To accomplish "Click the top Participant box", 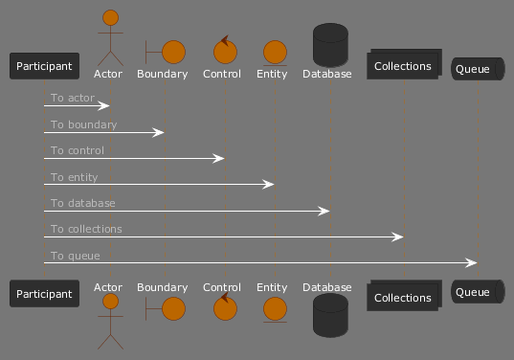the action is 44,66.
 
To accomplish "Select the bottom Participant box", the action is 44,293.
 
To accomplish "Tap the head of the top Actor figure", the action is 110,17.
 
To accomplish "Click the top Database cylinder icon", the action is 330,45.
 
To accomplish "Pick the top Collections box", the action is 404,64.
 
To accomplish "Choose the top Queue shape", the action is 478,69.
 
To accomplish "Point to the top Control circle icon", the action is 225,50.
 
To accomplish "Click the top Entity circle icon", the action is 275,53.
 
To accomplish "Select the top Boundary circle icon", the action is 166,52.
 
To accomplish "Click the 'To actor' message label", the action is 73,98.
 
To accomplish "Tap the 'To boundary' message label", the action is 83,124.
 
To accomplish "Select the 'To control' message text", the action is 78,150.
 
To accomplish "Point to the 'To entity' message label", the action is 74,177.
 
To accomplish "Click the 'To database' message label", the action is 83,203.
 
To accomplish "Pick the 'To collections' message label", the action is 86,229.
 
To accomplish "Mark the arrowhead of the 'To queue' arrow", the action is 471,262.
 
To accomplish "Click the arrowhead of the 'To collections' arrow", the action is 397,236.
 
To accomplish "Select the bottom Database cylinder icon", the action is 330,315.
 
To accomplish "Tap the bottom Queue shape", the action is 478,291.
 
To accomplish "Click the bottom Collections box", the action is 404,296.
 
